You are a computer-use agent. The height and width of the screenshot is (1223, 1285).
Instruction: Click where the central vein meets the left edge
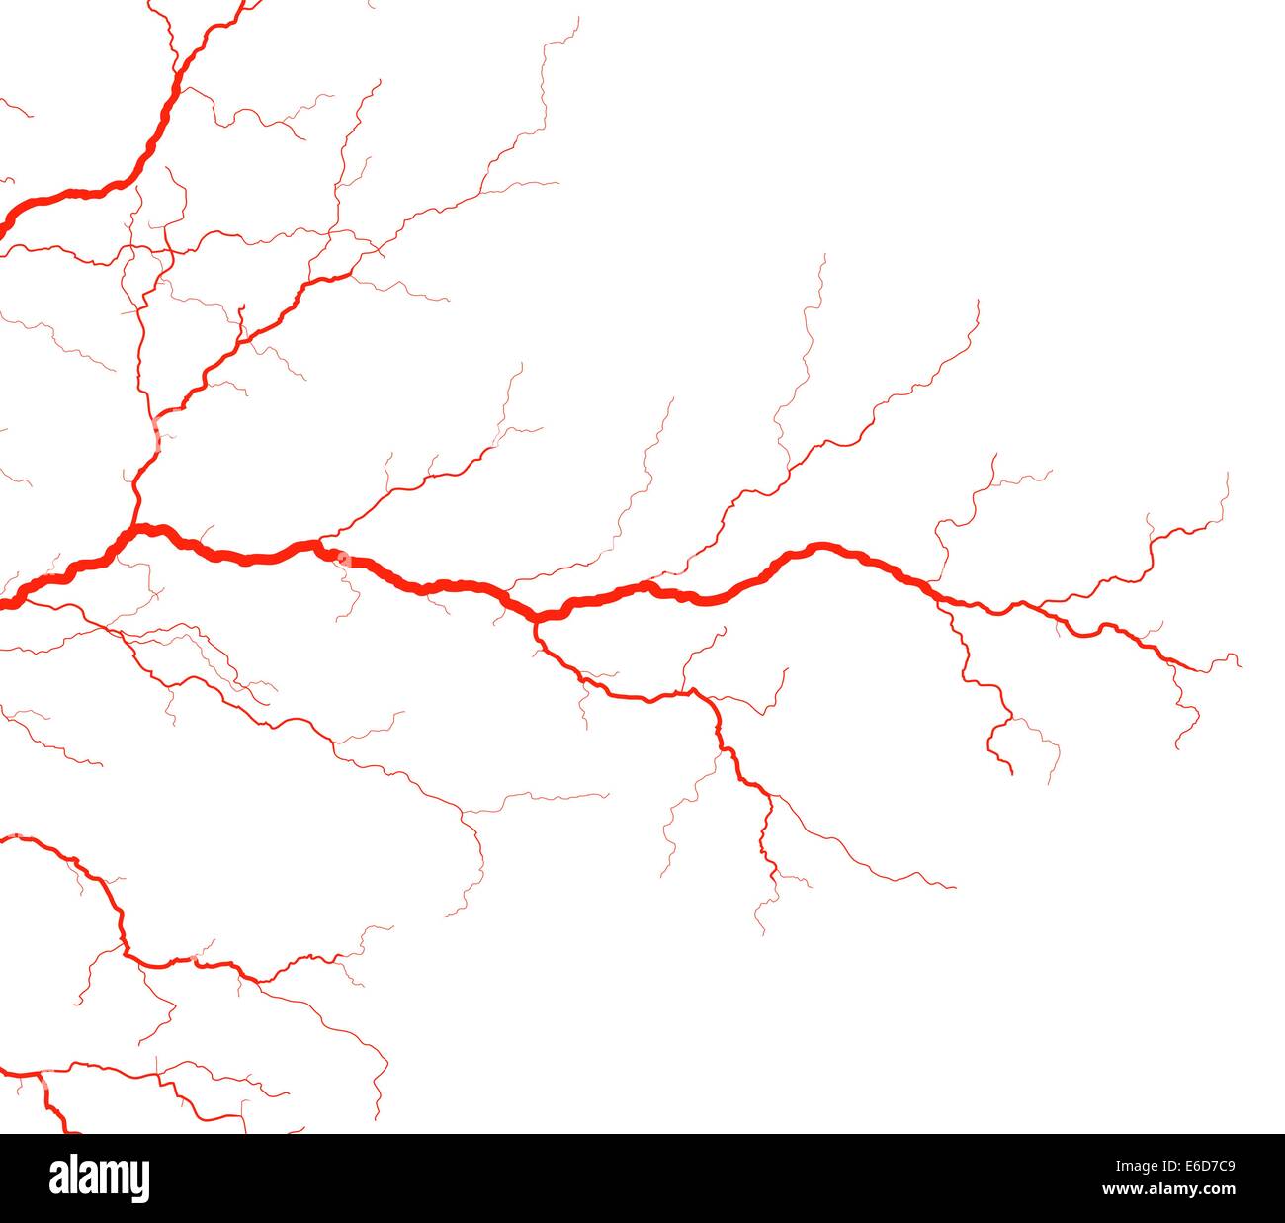(3, 603)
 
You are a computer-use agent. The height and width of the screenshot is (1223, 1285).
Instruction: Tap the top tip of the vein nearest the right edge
(1227, 474)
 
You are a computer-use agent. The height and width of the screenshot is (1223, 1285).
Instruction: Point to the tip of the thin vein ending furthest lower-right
(955, 888)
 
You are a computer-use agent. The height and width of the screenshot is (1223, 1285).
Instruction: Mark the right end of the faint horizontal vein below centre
(608, 794)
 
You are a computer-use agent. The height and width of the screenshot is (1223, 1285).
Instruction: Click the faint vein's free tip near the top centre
(578, 17)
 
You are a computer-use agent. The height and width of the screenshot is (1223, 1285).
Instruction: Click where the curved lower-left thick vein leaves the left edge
(3, 838)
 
